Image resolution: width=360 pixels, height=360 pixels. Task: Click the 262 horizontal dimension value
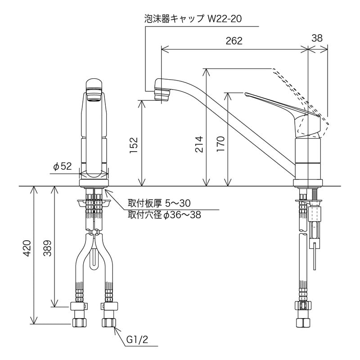click(234, 40)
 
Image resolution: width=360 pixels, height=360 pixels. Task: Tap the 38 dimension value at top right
click(317, 38)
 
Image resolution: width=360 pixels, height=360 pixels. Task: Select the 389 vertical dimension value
click(48, 247)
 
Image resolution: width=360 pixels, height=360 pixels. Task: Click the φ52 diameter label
click(63, 166)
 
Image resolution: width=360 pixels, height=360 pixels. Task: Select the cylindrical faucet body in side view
click(308, 157)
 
